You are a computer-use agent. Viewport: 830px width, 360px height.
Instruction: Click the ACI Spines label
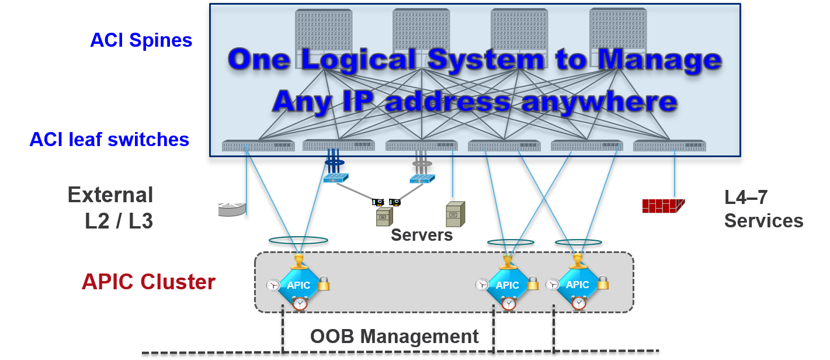[141, 40]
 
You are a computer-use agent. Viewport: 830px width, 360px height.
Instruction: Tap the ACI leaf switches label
[110, 139]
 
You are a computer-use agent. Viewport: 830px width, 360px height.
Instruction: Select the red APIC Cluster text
[148, 282]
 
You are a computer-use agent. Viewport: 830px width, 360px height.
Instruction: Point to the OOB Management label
[394, 337]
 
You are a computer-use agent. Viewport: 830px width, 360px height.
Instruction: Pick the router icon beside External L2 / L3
[232, 209]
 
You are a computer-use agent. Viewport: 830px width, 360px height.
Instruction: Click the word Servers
[422, 235]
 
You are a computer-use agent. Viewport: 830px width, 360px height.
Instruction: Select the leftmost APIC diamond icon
[298, 285]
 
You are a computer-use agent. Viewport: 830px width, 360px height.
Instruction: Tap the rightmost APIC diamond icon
[577, 285]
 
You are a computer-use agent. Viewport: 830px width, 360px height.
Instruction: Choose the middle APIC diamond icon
[507, 285]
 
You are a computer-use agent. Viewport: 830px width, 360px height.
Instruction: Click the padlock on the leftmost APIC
[323, 283]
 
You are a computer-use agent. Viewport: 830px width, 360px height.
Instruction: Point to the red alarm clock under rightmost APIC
[579, 303]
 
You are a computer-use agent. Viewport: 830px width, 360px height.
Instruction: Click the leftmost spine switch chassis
[324, 35]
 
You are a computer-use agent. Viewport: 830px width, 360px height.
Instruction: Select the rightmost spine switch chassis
[618, 35]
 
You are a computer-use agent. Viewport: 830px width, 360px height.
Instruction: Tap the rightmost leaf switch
[669, 146]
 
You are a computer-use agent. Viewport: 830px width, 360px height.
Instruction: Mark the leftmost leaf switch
[258, 146]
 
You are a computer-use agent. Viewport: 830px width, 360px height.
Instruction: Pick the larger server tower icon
[455, 214]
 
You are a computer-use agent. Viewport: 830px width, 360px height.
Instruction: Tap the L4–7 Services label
[763, 209]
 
